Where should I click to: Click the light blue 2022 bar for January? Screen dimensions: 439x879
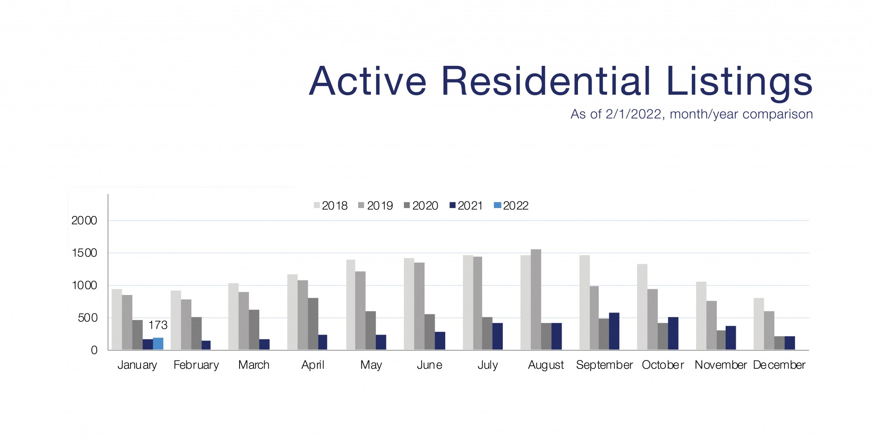pos(158,344)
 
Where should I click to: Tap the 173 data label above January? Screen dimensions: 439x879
pos(158,325)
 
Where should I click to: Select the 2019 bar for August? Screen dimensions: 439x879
pos(536,299)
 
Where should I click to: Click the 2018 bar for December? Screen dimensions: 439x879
pos(759,324)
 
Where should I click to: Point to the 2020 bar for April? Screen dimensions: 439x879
pos(313,324)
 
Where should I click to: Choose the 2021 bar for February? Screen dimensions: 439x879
pos(206,345)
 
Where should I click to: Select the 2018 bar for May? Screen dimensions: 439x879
pos(351,305)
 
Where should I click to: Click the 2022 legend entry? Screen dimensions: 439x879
pos(511,205)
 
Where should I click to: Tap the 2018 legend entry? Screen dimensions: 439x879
pos(331,205)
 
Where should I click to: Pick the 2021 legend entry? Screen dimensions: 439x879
pos(466,205)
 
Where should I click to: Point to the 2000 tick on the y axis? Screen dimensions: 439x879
pos(84,220)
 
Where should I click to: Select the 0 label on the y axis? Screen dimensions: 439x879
pos(94,350)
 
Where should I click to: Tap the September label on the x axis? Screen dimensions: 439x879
pos(604,365)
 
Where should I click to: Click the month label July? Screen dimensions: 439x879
pos(488,365)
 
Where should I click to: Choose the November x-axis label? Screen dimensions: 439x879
pos(720,365)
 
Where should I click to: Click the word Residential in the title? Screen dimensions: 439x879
pos(545,81)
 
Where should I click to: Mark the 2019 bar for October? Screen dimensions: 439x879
pos(653,319)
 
